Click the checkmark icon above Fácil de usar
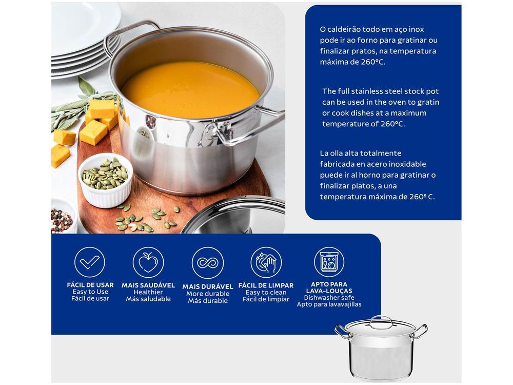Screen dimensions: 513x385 90,262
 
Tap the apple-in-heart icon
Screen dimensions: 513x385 148,262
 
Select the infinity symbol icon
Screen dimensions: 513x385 207,263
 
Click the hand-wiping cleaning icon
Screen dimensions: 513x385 266,262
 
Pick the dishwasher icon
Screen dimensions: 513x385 329,262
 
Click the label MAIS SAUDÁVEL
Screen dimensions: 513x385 148,285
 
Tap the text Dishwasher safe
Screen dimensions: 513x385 329,298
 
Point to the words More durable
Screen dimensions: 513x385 208,294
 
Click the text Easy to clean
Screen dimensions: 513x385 266,293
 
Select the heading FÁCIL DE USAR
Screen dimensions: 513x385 90,285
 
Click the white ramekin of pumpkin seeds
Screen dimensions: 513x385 105,180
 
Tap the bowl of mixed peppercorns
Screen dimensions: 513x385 63,217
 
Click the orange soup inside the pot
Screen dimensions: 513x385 190,90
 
